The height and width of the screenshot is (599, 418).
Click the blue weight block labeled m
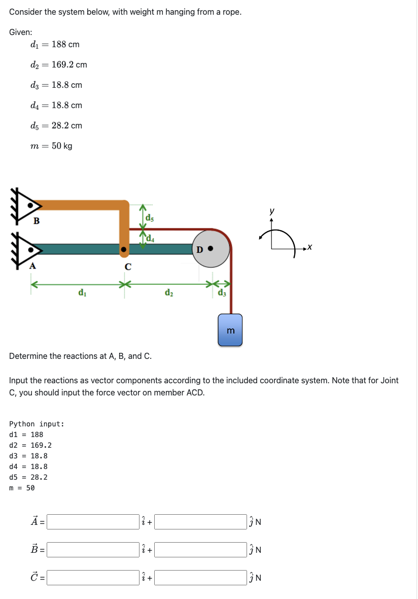pyautogui.click(x=230, y=330)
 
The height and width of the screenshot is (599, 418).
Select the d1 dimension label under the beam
pyautogui.click(x=81, y=293)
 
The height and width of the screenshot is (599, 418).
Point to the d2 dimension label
pyautogui.click(x=168, y=293)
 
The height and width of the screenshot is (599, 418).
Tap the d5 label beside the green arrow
pyautogui.click(x=150, y=218)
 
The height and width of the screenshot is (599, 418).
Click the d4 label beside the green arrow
pyautogui.click(x=150, y=238)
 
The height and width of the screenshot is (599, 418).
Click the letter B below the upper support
pyautogui.click(x=36, y=221)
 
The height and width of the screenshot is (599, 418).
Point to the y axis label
pyautogui.click(x=272, y=211)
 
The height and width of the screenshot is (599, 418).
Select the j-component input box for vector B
pyautogui.click(x=200, y=550)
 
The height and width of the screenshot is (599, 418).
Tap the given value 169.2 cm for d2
pyautogui.click(x=69, y=64)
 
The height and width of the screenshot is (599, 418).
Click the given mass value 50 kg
pyautogui.click(x=61, y=146)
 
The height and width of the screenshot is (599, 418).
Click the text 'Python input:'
pyautogui.click(x=37, y=424)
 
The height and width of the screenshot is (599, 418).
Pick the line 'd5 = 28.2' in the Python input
pyautogui.click(x=28, y=477)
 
